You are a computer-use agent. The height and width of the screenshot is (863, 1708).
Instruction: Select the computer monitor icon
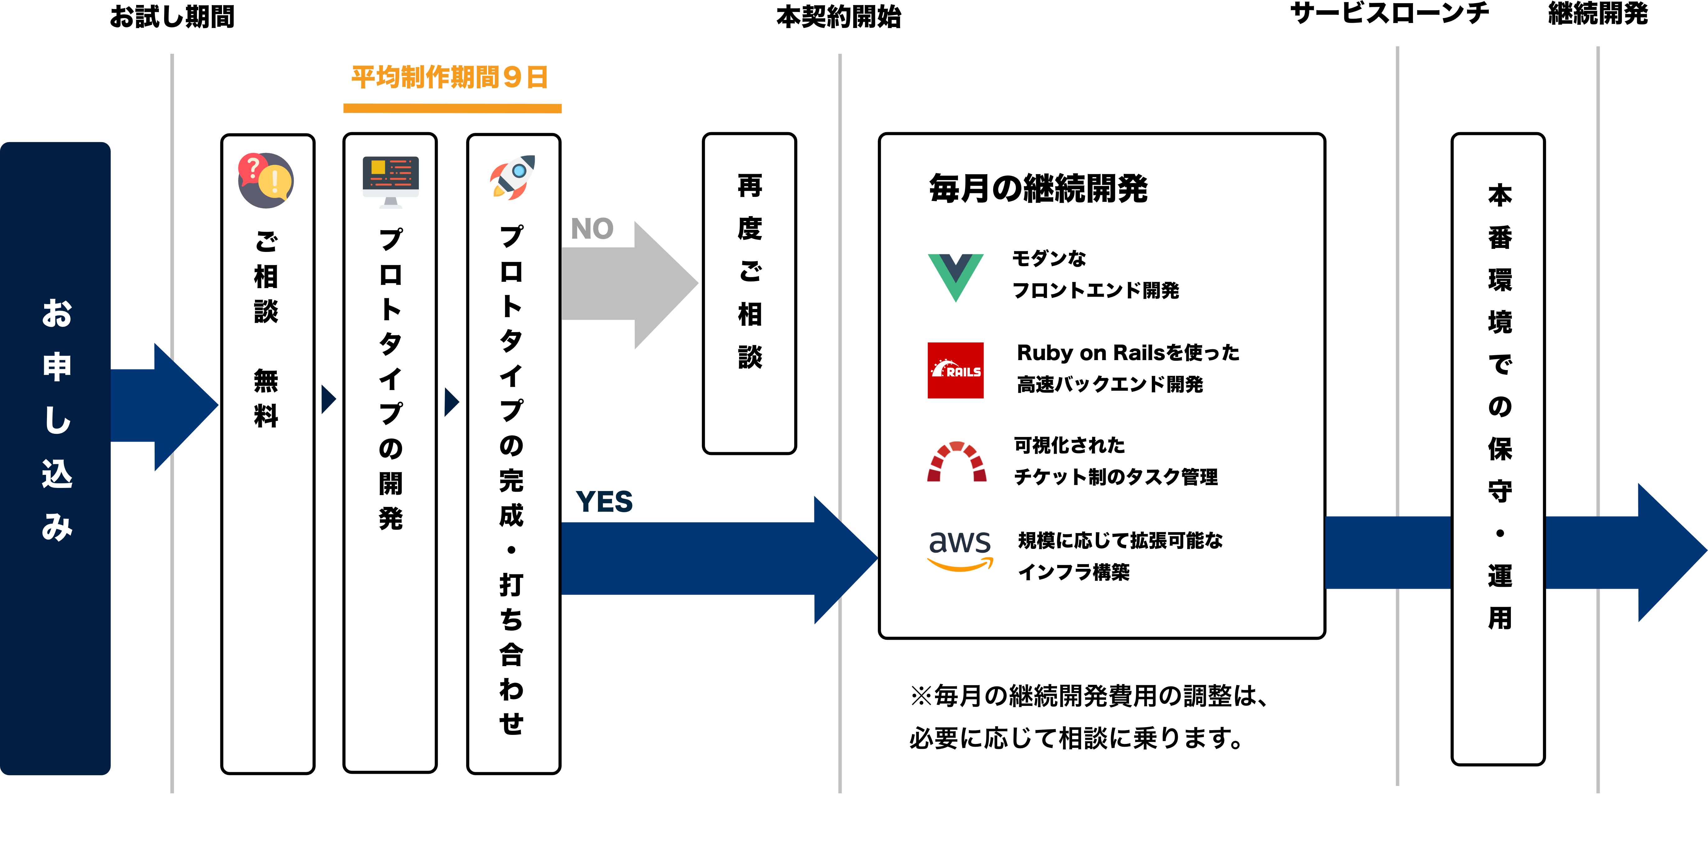click(x=391, y=182)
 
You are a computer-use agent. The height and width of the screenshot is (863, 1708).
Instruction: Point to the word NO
click(x=592, y=229)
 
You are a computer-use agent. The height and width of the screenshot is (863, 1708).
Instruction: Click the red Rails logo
click(x=956, y=370)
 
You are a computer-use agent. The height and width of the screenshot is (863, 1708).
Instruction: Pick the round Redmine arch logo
click(x=956, y=464)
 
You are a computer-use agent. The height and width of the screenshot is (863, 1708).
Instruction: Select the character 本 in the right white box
click(x=1500, y=195)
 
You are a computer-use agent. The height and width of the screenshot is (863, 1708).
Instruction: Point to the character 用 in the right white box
click(x=1500, y=618)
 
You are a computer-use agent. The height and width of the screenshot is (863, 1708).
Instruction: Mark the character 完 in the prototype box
click(x=511, y=480)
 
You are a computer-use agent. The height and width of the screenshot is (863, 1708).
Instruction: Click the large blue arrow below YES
click(x=716, y=559)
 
